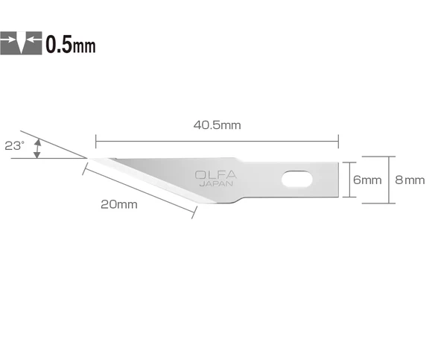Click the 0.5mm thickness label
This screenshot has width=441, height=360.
point(71,44)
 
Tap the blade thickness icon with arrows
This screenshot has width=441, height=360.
point(22,44)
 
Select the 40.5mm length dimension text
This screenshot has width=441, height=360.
point(217,125)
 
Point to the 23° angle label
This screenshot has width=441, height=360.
point(13,147)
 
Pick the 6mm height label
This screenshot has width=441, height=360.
point(367,180)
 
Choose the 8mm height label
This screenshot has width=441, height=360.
point(410,180)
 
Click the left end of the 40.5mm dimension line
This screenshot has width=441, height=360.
point(95,138)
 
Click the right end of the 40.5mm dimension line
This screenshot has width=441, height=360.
point(339,138)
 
